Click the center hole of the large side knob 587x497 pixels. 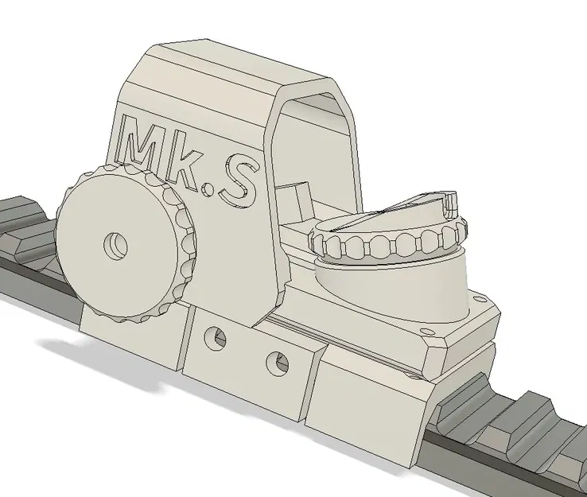(117, 243)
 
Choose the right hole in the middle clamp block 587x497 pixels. (277, 362)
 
